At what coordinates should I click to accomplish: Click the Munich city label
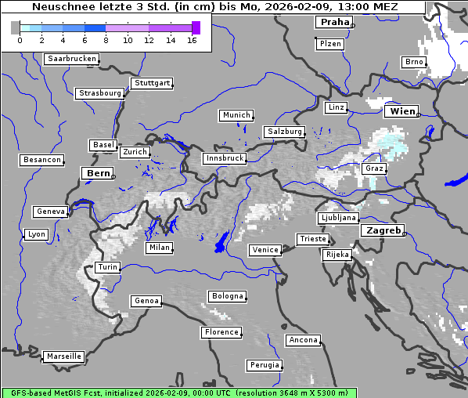click(236, 115)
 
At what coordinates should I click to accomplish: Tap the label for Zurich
click(134, 152)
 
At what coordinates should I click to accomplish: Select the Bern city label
click(98, 173)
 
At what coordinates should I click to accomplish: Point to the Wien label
click(401, 111)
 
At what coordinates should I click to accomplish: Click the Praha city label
click(334, 22)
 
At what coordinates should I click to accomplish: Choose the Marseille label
click(63, 356)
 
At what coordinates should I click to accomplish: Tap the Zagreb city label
click(382, 230)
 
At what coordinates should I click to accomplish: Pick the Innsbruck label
click(224, 158)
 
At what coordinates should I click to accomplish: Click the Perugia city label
click(264, 365)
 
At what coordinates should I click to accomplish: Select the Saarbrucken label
click(72, 59)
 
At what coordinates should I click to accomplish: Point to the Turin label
click(107, 267)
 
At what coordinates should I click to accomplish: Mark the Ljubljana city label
click(338, 218)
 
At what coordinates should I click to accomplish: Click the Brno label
click(413, 62)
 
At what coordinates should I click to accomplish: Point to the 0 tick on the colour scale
click(20, 39)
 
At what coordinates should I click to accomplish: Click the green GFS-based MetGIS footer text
click(179, 393)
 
